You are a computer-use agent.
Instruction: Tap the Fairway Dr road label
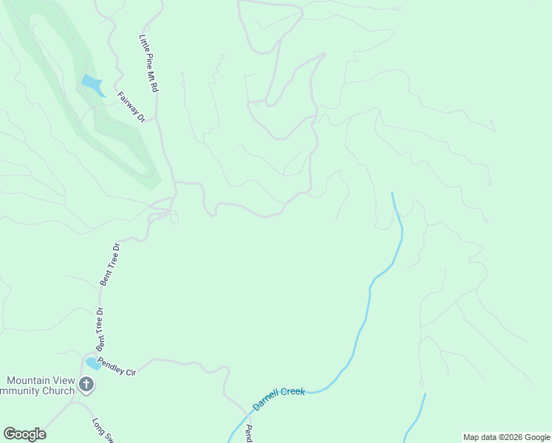click(x=131, y=106)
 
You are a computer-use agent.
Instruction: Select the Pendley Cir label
click(x=117, y=367)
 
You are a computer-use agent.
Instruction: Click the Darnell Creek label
click(x=278, y=399)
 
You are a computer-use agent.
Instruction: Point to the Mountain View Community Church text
click(x=37, y=385)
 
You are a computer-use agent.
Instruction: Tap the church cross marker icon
click(x=86, y=384)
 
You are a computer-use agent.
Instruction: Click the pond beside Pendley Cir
click(x=93, y=363)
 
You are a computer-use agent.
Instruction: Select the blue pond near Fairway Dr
click(x=92, y=85)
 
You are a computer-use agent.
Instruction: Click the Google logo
click(x=24, y=434)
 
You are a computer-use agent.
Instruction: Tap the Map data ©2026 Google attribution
click(x=506, y=437)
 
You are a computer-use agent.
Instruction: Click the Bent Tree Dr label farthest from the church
click(x=110, y=264)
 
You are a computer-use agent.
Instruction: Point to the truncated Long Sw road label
click(x=101, y=430)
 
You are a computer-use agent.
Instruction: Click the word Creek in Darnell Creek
click(x=291, y=394)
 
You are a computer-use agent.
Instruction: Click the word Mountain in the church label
click(x=29, y=380)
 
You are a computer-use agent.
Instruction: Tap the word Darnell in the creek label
click(x=265, y=404)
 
